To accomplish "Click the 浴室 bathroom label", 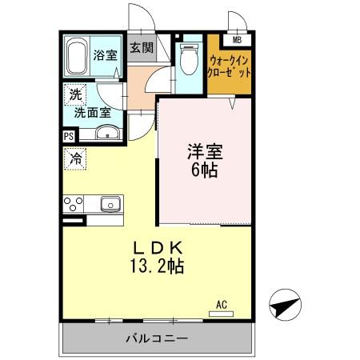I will pos(104,56).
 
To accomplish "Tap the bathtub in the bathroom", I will pos(77,57).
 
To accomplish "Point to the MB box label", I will pos(237,39).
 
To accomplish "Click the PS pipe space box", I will pos(68,137).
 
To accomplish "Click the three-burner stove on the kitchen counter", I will pos(74,203).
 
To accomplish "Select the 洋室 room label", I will pos(206,150).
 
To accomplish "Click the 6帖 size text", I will pos(206,170).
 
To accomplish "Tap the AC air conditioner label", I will pos(222,305).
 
